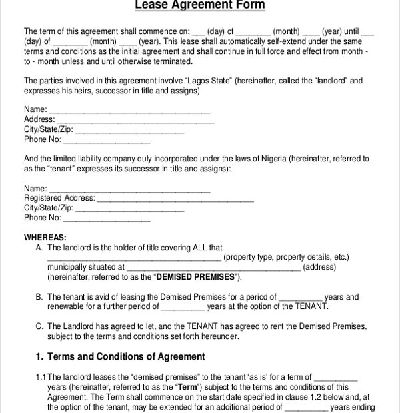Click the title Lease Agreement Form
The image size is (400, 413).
tap(200, 5)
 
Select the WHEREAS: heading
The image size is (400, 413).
tap(45, 238)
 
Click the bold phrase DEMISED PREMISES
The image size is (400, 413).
tap(195, 277)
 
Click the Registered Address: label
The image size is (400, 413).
tap(59, 198)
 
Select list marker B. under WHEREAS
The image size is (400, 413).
tap(39, 297)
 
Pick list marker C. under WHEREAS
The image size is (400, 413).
tap(39, 326)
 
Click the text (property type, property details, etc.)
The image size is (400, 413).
tap(286, 257)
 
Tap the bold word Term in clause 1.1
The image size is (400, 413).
tap(186, 387)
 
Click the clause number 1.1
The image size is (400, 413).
tap(41, 376)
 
